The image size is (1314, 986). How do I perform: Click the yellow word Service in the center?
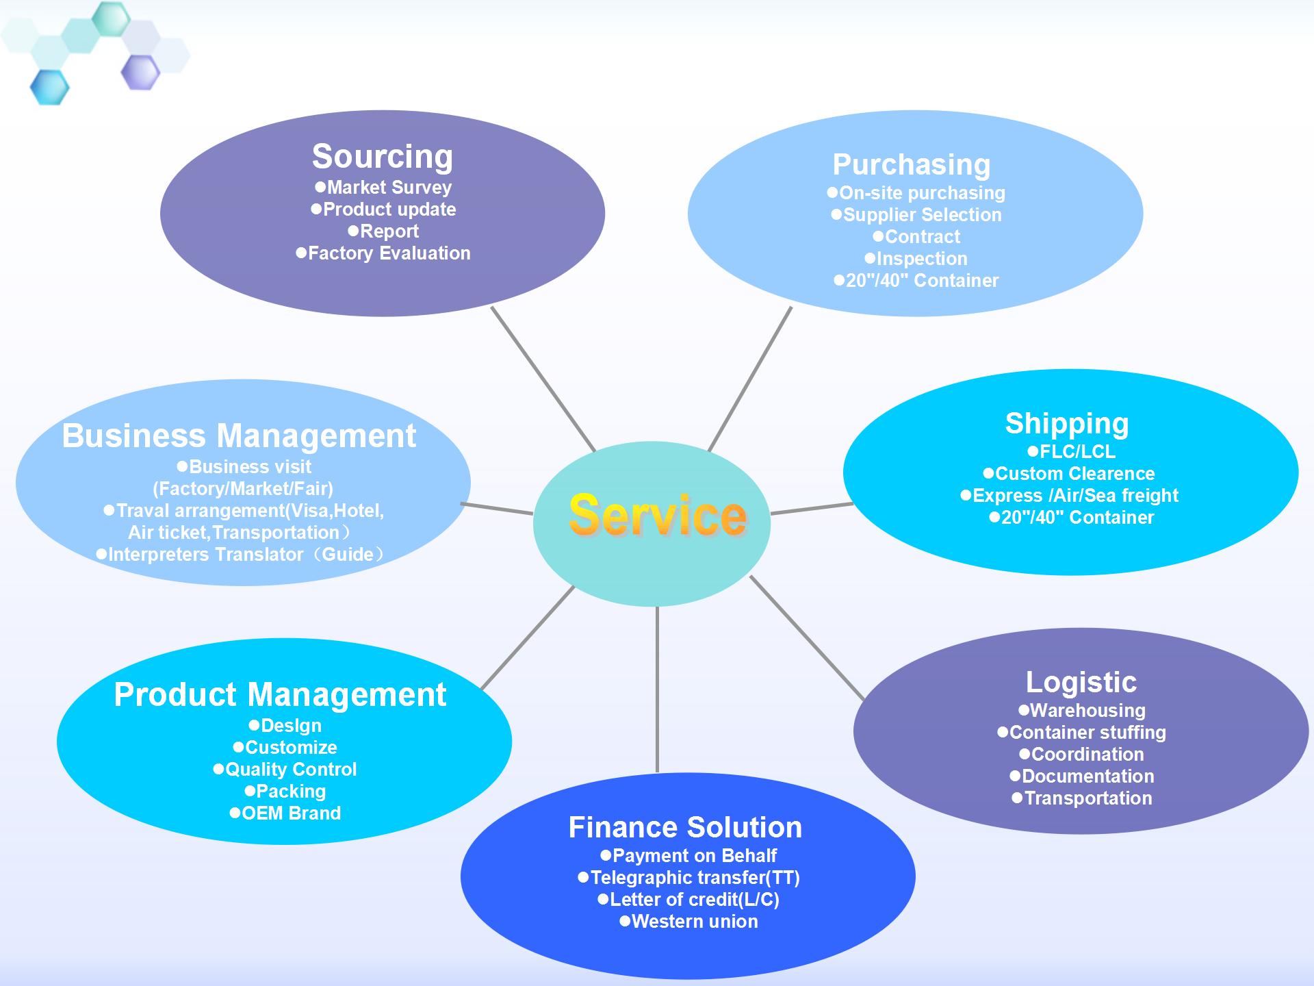[657, 516]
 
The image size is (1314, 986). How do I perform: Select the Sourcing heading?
[383, 157]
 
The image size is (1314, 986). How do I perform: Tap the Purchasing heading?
[912, 165]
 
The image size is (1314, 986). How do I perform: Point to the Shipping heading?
[1067, 424]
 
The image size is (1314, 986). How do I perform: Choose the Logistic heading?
[1081, 683]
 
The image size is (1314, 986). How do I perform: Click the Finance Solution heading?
[685, 828]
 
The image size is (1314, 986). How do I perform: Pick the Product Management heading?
[280, 695]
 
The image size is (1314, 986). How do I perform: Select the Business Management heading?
[239, 436]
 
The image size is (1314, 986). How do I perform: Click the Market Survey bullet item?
[389, 188]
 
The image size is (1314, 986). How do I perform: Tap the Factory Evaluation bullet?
[389, 253]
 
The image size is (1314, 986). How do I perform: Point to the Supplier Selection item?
[922, 215]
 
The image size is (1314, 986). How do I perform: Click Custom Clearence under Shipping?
[1074, 474]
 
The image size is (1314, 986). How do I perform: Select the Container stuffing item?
[1087, 733]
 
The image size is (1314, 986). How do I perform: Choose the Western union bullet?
[694, 922]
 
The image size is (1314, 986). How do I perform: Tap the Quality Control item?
[290, 770]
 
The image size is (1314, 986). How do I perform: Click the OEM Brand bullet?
[290, 813]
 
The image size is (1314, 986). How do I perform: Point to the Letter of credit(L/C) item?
[694, 900]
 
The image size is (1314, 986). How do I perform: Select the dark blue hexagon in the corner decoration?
[50, 87]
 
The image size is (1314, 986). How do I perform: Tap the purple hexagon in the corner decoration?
[140, 72]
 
